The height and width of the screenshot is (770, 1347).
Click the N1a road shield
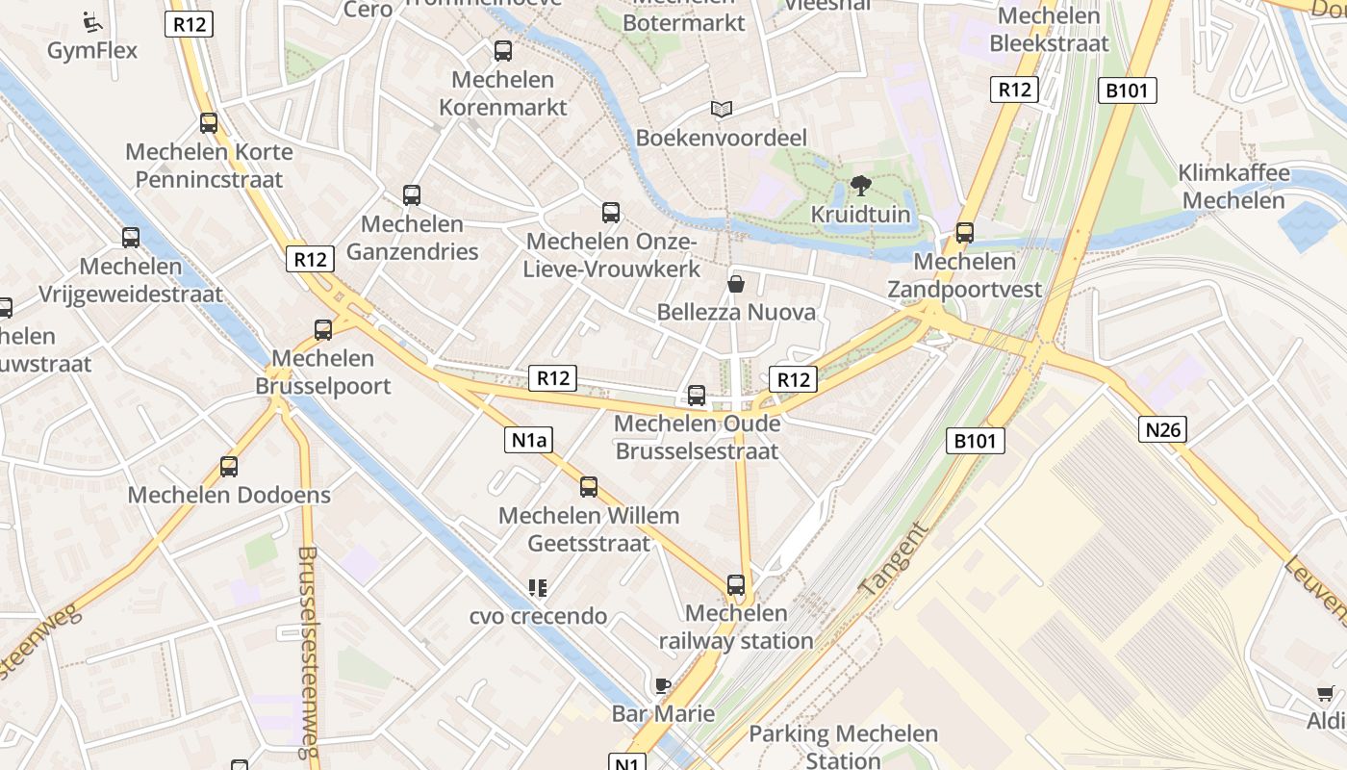[x=528, y=441]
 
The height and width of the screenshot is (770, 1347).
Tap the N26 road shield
[x=1162, y=428]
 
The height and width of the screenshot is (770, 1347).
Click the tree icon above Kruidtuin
[x=861, y=186]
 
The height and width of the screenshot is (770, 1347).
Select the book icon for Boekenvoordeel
[x=722, y=110]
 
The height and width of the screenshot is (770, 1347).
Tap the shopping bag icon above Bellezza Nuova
[x=736, y=284]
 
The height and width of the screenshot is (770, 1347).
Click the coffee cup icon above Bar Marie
[x=662, y=685]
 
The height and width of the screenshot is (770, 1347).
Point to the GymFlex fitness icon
[x=92, y=21]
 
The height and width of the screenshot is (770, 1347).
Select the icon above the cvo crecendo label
[x=537, y=587]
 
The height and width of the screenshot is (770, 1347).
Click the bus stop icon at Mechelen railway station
[x=736, y=584]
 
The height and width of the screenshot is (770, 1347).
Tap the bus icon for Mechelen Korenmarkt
[x=503, y=51]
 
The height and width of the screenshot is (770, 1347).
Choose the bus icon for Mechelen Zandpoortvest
[x=964, y=233]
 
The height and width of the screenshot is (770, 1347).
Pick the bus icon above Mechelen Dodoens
[x=229, y=467]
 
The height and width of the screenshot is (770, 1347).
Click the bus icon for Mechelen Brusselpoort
[x=323, y=330]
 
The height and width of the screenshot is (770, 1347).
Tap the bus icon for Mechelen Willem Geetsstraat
[x=589, y=487]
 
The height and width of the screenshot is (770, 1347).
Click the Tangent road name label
[x=895, y=558]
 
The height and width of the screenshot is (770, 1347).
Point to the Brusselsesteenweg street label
[x=308, y=654]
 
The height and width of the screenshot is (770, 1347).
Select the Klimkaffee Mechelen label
[x=1233, y=187]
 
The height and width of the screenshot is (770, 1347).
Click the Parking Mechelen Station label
[x=843, y=747]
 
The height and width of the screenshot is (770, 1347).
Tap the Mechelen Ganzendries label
[x=412, y=238]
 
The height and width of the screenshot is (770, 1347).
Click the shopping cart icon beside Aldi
[x=1326, y=693]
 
